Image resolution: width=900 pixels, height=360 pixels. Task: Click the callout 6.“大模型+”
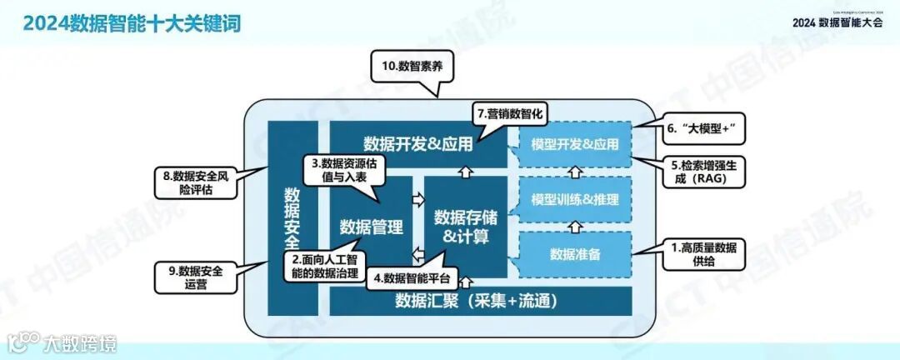703,129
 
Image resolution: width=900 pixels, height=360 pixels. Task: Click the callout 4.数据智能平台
410,277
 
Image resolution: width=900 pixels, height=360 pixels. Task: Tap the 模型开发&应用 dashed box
574,144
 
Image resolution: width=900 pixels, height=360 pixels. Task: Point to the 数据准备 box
574,253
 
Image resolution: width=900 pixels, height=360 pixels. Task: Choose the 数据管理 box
371,227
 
